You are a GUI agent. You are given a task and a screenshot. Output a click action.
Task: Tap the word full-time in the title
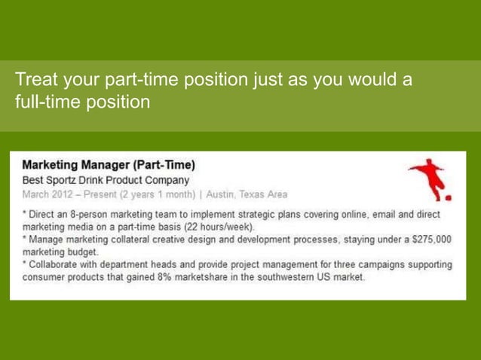[42, 101]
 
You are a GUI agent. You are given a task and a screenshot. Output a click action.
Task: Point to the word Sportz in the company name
[68, 180]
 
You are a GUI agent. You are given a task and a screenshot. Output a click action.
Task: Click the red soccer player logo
[431, 179]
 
